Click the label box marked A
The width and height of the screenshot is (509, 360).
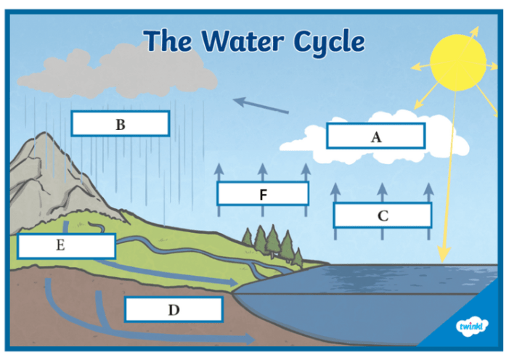pos(375,136)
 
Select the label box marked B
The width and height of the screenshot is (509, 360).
pos(121,123)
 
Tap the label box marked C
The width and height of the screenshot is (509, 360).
pos(383,216)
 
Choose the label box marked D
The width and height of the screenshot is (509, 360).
pos(174,310)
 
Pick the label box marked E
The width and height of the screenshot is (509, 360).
pos(66,245)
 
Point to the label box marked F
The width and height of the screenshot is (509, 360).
pos(263,194)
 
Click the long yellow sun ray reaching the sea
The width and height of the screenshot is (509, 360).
pos(448,181)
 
